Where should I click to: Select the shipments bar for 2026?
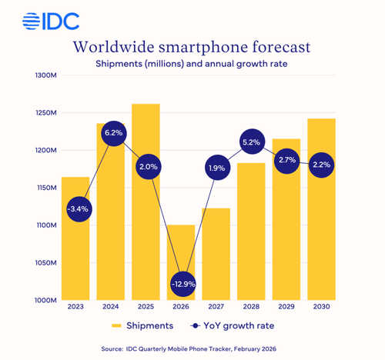(182, 262)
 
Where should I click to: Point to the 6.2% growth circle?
(111, 133)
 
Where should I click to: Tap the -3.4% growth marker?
(75, 208)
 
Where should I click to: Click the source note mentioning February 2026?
(192, 348)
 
